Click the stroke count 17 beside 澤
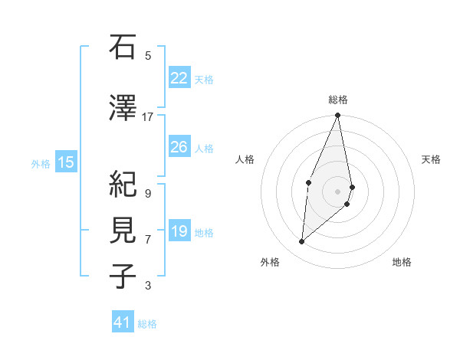coord(148,117)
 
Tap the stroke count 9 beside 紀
coord(148,193)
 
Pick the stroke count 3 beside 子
coord(148,286)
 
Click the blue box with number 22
coord(179,78)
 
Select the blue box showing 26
coord(179,147)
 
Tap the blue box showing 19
coord(179,231)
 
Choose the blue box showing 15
coord(66,162)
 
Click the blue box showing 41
coord(123,322)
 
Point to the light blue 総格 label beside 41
coord(147,324)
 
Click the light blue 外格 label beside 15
coord(41,163)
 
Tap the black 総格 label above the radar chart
coord(337,100)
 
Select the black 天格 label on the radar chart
coord(432,159)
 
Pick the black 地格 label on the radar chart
coord(402,263)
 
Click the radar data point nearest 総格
coord(337,116)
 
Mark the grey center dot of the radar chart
coord(337,191)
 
